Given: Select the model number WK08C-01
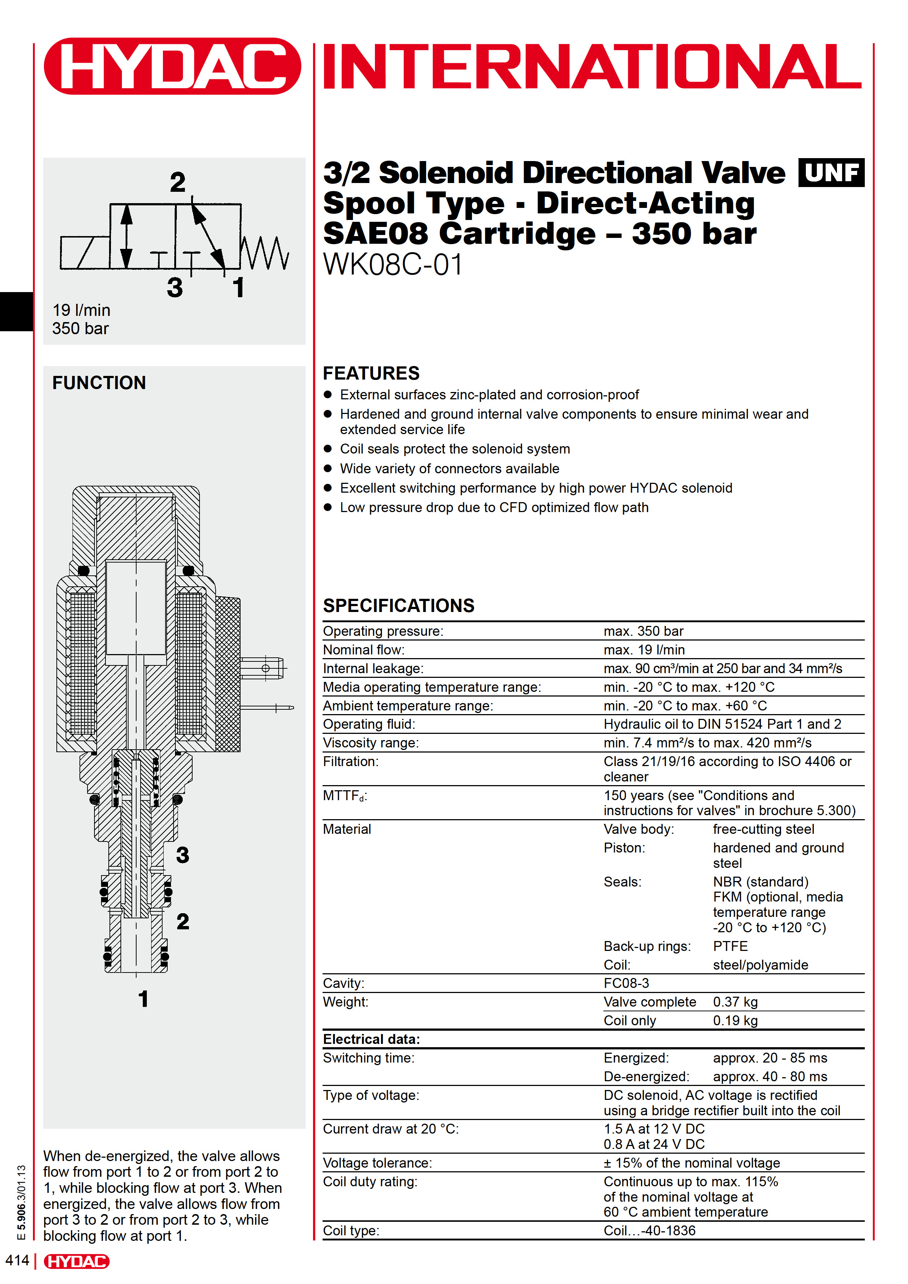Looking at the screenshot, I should point(393,265).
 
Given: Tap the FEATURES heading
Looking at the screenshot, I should point(371,373).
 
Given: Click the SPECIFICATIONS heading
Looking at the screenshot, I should point(398,606).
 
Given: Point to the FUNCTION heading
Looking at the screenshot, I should point(99,383).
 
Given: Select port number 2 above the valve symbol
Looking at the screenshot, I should point(178,182).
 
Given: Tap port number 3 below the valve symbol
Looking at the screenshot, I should point(175,287).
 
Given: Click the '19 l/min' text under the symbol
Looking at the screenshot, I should point(82,310).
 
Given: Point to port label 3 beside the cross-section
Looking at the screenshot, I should point(182,855).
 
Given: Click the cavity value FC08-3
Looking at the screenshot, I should point(626,983).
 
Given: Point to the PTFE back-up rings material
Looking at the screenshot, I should point(730,946).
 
